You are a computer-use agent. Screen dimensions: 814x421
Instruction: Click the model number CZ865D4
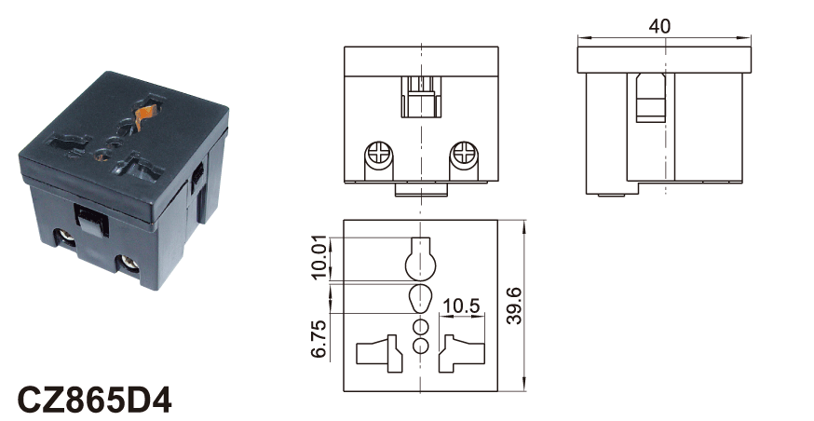point(94,400)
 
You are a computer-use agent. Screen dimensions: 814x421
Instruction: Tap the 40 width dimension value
point(659,26)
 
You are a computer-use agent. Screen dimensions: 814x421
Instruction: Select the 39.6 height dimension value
point(514,306)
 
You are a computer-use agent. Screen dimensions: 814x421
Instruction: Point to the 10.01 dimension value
point(319,257)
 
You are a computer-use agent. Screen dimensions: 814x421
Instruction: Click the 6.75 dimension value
point(319,339)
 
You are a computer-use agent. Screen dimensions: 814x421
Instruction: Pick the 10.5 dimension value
point(462,306)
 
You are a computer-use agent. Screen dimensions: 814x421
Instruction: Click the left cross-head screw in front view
point(378,155)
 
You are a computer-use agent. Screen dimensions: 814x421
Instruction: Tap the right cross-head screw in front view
point(463,155)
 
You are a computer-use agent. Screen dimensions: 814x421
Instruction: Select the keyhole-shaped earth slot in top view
point(420,258)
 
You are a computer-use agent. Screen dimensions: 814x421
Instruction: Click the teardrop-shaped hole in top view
point(420,298)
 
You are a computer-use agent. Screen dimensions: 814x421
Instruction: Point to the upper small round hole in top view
point(421,327)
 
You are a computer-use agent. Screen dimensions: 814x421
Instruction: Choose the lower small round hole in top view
point(421,346)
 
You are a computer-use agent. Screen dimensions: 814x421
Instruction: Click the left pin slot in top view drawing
point(379,354)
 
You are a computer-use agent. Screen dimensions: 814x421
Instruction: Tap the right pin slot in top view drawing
point(462,354)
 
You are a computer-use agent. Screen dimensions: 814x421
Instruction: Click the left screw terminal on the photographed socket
point(66,238)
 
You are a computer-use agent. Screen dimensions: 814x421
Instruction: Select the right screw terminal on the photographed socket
point(128,265)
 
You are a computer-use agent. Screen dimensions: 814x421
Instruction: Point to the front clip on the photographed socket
point(92,221)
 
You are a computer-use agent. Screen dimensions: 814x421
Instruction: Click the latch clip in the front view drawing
point(420,97)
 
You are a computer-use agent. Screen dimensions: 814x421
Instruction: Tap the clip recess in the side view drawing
point(651,98)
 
